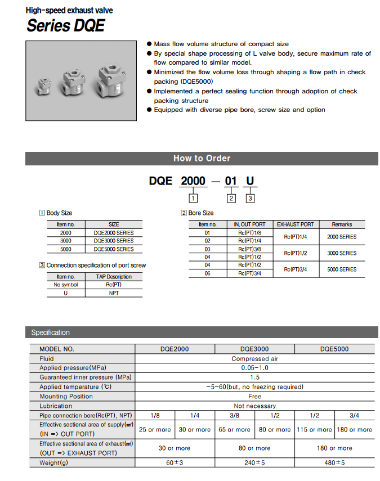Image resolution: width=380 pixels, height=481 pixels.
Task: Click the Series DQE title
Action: (x=65, y=25)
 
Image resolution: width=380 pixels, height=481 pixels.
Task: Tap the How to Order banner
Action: (x=202, y=158)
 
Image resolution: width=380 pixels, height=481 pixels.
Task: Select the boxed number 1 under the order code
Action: (x=193, y=198)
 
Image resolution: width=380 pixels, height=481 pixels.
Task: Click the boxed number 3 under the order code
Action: (x=251, y=198)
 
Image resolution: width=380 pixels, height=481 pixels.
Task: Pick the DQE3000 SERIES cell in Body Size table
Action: (x=113, y=241)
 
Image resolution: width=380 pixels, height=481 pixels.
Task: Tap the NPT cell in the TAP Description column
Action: (x=113, y=293)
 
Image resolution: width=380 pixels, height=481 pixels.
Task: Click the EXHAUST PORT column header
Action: (x=295, y=224)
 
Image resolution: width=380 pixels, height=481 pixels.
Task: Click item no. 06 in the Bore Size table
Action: (x=207, y=273)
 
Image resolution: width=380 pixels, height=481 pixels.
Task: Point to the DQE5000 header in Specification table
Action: (x=334, y=349)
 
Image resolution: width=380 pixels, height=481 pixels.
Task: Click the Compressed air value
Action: (x=254, y=358)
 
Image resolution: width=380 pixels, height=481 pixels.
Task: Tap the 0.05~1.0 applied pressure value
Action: (x=254, y=368)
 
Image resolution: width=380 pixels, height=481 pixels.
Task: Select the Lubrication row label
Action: (x=56, y=406)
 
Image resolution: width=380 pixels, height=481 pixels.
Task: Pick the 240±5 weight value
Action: (x=254, y=462)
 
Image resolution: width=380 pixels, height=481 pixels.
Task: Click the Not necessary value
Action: (x=254, y=406)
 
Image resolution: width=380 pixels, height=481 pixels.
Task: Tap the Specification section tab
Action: (x=51, y=332)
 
